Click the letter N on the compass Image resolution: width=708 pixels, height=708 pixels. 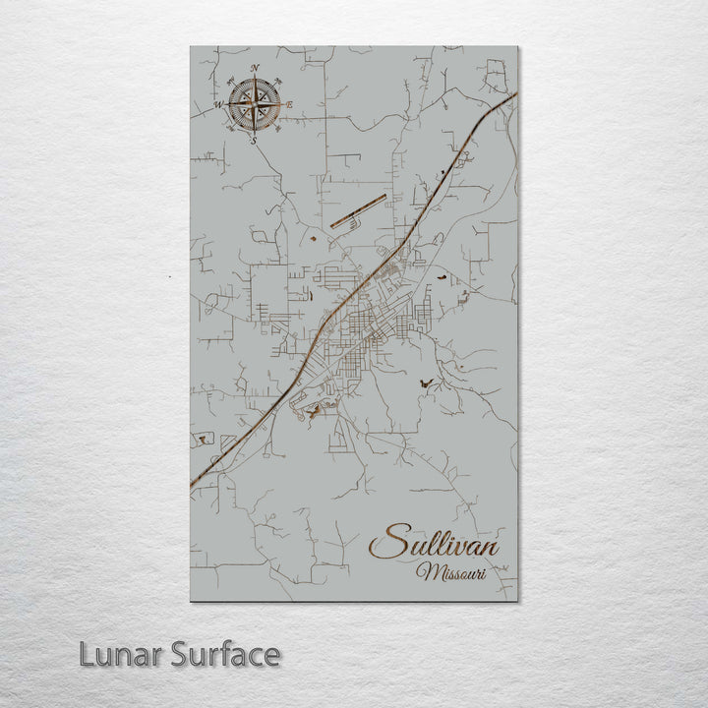coord(256,68)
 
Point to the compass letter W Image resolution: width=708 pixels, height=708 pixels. coord(218,103)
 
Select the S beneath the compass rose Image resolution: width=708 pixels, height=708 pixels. coord(255,141)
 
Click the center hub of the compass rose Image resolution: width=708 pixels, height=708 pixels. coord(255,104)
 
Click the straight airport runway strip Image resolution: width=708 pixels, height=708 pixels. coord(358,210)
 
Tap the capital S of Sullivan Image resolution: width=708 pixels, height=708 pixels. coord(389,543)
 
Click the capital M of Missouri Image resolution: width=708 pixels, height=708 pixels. coord(425,571)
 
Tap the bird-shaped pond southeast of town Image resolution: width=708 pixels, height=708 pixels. coord(424,380)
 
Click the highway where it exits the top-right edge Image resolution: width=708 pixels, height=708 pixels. coord(512,96)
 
